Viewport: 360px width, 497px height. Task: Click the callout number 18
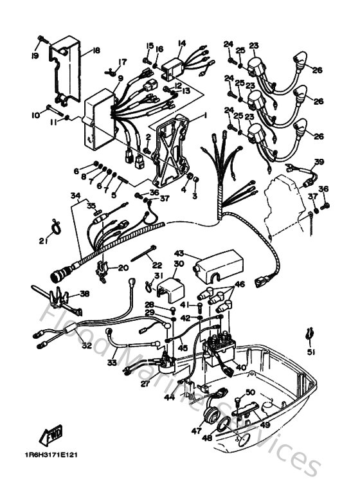[x=96, y=51]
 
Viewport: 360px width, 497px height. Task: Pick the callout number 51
[x=311, y=352]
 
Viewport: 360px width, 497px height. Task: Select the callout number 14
[x=181, y=44]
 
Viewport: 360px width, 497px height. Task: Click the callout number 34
[x=75, y=195]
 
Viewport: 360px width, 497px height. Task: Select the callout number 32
[x=85, y=345]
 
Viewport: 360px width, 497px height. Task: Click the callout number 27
[x=145, y=384]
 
